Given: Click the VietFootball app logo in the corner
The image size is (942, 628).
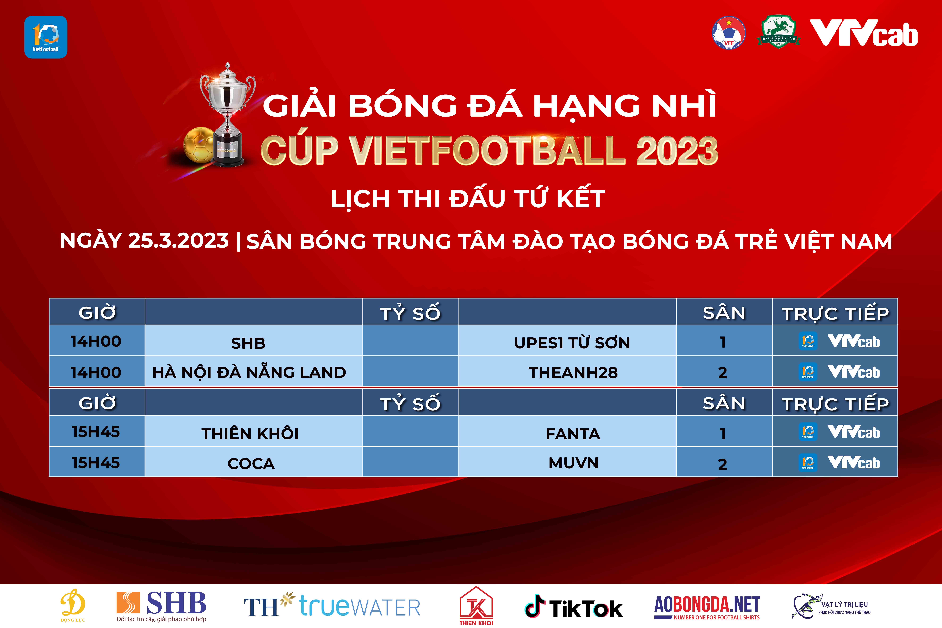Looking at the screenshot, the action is [46, 37].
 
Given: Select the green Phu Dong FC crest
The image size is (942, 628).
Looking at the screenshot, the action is [778, 32].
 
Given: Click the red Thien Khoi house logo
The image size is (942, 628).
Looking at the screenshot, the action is [476, 606].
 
